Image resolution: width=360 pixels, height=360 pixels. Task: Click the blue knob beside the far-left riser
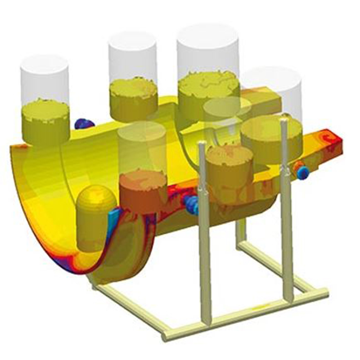click(84, 123)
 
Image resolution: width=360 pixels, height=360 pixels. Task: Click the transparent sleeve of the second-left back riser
click(132, 58)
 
